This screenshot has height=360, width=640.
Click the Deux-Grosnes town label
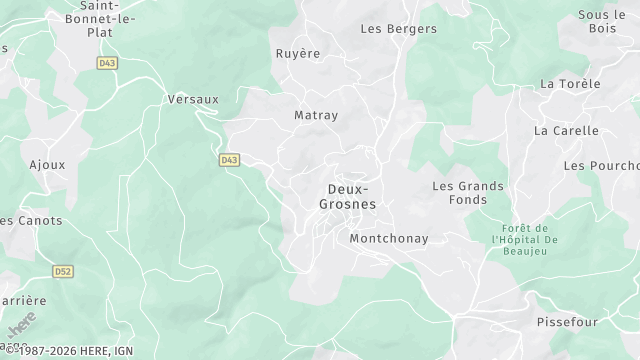pos(347,196)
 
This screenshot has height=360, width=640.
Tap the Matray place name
pos(316,115)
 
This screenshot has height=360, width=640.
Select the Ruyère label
pos(297,54)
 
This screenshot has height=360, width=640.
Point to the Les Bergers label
pos(398,29)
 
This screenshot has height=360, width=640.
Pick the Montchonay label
pos(389,239)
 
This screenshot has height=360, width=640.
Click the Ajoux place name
pos(47,164)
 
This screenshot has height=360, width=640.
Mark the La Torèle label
pos(570,84)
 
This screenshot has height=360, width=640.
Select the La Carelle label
pos(566,131)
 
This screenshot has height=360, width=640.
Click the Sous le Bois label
pos(601,22)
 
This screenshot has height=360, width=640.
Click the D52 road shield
pos(62,270)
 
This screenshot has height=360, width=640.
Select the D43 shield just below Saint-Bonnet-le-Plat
pos(107,63)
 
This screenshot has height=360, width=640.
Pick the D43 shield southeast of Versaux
pos(229,159)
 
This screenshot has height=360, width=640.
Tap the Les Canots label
pos(31,221)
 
